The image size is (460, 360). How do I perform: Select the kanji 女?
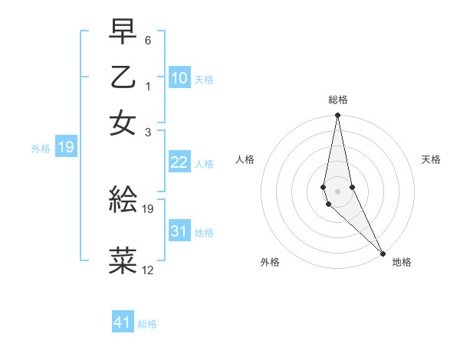[123, 122]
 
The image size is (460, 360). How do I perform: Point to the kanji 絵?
[123, 200]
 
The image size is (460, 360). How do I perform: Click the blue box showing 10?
[179, 78]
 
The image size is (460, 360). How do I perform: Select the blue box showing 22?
[179, 162]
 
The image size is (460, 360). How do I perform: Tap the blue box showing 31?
[179, 231]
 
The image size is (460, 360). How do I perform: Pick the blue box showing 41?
[123, 322]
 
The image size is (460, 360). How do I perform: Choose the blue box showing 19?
[65, 147]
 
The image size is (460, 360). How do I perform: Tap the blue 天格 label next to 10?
[204, 79]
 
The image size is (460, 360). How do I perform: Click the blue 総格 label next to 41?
[147, 324]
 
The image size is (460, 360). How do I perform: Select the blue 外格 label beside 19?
[41, 148]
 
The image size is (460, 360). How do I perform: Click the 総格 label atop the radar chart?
[338, 100]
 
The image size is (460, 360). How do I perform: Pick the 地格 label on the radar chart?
[402, 262]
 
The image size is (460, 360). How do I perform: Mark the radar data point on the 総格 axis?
[337, 116]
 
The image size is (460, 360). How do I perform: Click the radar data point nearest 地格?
[383, 252]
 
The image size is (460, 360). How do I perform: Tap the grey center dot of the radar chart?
[337, 191]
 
